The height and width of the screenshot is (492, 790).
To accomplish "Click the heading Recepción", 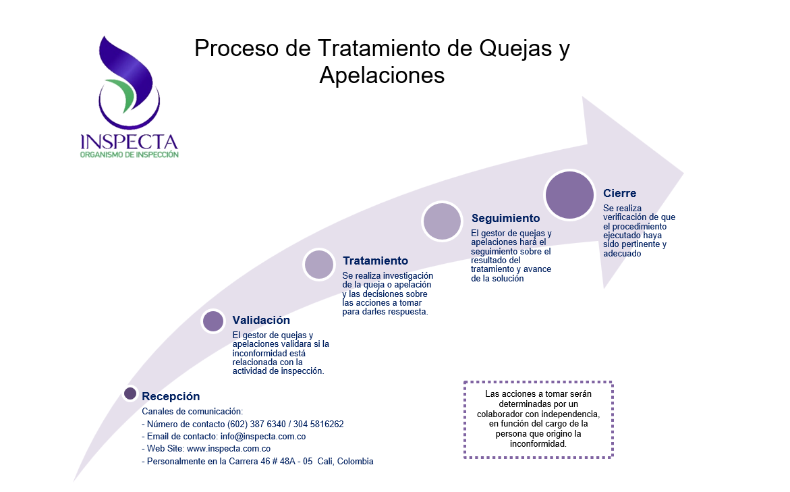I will point(171,396).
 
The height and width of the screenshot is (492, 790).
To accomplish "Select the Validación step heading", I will point(261,320).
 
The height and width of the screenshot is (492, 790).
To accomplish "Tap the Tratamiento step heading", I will point(375,261).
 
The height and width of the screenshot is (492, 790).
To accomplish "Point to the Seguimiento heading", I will point(505,218).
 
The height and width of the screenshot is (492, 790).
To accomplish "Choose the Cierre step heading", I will point(619,193).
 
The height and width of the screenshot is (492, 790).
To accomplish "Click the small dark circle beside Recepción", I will point(130,393).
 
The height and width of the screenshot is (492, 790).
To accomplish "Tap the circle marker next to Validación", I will point(213,321).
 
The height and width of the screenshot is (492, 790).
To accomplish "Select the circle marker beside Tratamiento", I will point(319,265).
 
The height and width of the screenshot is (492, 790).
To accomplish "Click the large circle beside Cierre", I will point(569,195).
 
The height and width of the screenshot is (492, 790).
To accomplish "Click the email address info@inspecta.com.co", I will point(263,437).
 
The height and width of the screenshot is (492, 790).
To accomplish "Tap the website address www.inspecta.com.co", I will point(229,449).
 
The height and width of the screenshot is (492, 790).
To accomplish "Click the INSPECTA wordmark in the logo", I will point(129,142).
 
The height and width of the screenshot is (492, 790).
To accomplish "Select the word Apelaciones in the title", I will point(382,75).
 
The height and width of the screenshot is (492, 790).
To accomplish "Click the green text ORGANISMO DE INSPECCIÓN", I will point(129,155).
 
